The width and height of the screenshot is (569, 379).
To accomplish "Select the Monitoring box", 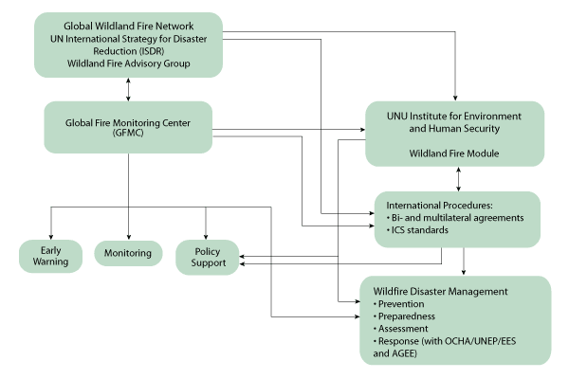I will [x=129, y=254].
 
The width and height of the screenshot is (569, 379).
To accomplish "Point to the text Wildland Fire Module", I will [x=452, y=153].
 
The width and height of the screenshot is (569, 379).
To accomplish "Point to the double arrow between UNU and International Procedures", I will [x=460, y=179].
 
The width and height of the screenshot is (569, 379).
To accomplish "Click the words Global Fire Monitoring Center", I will [x=127, y=120].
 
